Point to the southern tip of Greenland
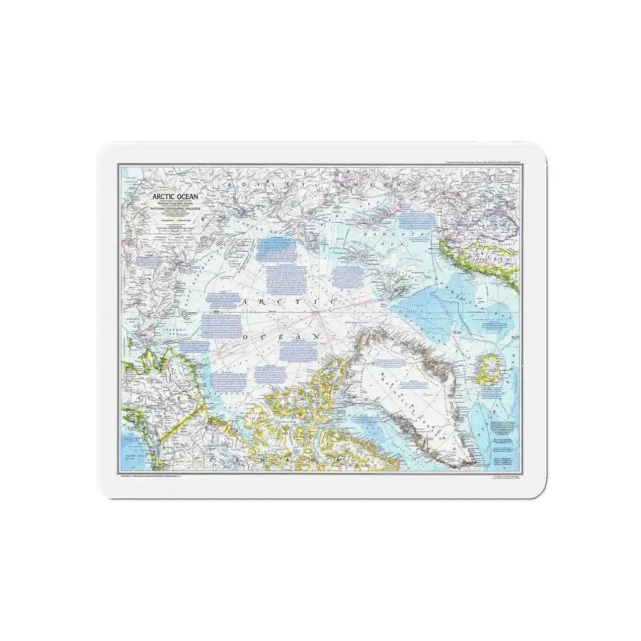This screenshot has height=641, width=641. tap(460, 463)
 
